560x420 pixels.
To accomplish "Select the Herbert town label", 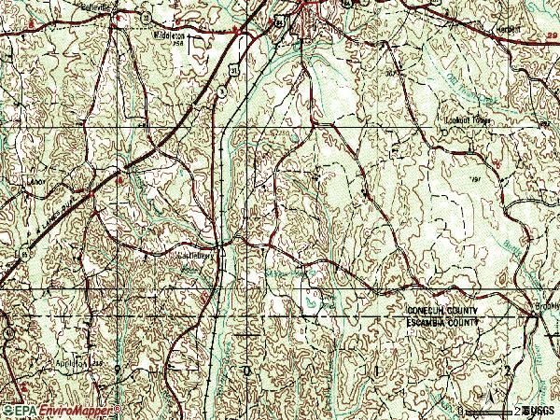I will pyautogui.click(x=535, y=28).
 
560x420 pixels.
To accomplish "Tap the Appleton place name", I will pyautogui.click(x=74, y=363).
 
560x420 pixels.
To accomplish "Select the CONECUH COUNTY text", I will pyautogui.click(x=441, y=311).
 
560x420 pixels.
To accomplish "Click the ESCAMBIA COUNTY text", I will pyautogui.click(x=441, y=322).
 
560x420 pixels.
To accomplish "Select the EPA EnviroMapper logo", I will pyautogui.click(x=61, y=410).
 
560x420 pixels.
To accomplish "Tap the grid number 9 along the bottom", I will pyautogui.click(x=118, y=371).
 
